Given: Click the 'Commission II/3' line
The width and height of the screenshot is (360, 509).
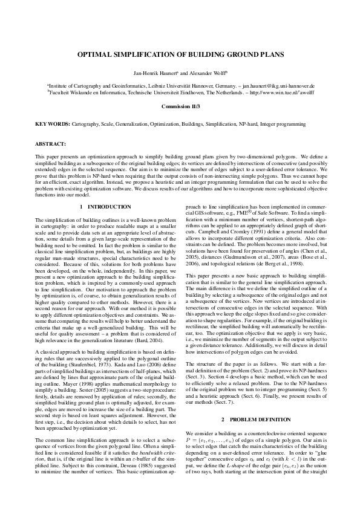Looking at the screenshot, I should [x=180, y=106].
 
